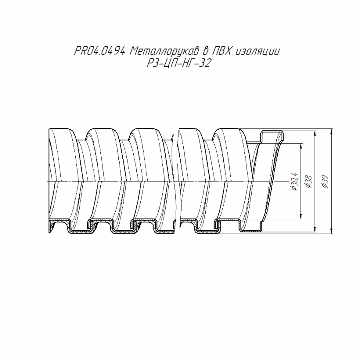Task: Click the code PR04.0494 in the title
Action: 100,51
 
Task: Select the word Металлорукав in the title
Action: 164,51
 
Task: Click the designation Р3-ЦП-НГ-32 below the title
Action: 179,63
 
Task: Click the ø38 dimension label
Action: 308,182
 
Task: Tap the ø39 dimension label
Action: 325,182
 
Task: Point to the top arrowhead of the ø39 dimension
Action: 331,131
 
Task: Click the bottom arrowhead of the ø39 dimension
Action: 331,231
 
